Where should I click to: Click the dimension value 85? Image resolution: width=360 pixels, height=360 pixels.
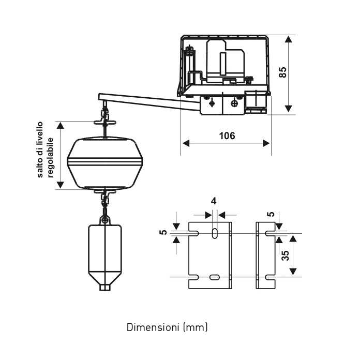pyautogui.click(x=283, y=72)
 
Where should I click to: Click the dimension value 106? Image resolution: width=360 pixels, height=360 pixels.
pyautogui.click(x=227, y=136)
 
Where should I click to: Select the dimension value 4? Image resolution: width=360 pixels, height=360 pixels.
pyautogui.click(x=214, y=201)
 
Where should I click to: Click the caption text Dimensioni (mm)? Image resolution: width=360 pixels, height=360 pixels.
pyautogui.click(x=167, y=327)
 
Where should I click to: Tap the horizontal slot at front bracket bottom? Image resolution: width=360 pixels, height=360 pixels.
pyautogui.click(x=214, y=278)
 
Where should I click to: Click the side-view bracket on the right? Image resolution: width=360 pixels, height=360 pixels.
pyautogui.click(x=266, y=255)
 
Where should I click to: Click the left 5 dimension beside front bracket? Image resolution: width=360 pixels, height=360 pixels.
pyautogui.click(x=164, y=233)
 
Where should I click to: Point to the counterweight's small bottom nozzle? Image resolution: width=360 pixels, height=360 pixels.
pyautogui.click(x=105, y=287)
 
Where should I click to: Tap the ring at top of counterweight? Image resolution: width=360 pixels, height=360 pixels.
pyautogui.click(x=106, y=220)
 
